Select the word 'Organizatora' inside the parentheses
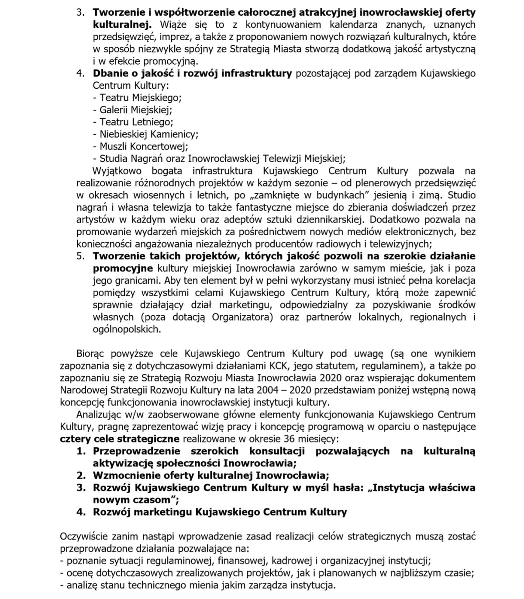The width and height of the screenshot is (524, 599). coord(242,317)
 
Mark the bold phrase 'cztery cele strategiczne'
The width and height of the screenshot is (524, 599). coord(120,439)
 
